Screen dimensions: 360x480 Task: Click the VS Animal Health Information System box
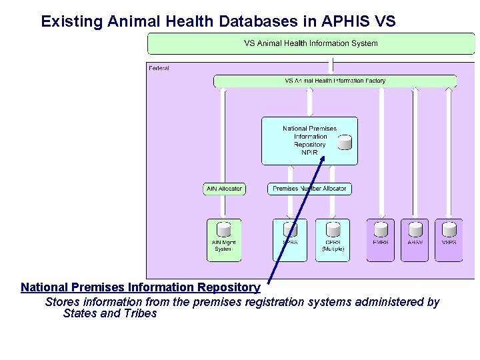311,43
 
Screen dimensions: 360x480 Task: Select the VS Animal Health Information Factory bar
335,81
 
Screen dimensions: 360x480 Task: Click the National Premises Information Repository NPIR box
309,141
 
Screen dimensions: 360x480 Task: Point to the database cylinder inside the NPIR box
345,142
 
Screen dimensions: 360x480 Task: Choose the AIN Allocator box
224,189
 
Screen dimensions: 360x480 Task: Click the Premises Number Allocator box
309,189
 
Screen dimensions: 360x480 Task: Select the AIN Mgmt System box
223,240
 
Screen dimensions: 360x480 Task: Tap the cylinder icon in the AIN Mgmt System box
223,229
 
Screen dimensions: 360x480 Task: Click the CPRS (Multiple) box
333,240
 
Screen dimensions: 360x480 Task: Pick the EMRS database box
381,240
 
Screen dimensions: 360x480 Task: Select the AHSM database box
415,240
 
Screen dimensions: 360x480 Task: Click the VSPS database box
449,240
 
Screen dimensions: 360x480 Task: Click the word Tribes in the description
139,313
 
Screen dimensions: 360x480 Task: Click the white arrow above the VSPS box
449,153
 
